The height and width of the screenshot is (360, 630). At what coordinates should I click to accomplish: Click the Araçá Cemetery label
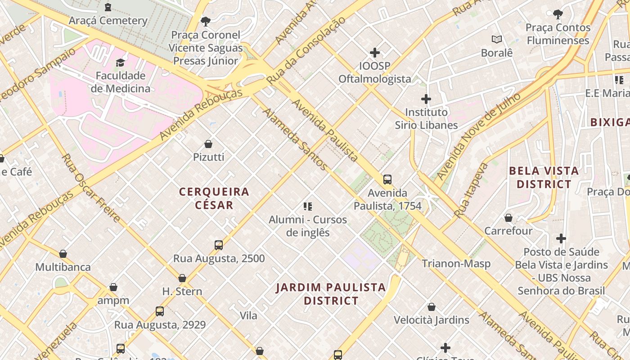(108, 21)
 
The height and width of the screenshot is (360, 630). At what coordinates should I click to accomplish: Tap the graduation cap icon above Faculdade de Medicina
(120, 63)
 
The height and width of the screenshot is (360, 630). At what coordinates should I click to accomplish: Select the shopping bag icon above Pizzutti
(208, 144)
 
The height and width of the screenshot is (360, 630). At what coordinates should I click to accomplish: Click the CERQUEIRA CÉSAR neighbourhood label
(214, 198)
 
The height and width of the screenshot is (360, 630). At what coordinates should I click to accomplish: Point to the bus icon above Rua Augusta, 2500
(219, 245)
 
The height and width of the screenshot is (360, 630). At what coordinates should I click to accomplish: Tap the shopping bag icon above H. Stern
(182, 278)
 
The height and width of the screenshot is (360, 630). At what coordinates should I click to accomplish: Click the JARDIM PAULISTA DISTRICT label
(331, 294)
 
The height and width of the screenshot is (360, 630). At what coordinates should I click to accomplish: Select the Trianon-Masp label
(456, 264)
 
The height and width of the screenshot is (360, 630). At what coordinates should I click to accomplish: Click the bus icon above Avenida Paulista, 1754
(387, 180)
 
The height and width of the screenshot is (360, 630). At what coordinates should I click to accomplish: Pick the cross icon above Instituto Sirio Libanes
(426, 99)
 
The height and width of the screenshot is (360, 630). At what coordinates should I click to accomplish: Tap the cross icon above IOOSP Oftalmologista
(374, 53)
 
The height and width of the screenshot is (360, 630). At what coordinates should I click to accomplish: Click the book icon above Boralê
(497, 40)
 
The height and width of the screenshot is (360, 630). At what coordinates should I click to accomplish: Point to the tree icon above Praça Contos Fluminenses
(558, 14)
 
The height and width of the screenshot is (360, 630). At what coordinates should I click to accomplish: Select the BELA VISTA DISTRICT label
(544, 177)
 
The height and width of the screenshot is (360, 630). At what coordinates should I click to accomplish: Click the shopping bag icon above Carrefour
(508, 218)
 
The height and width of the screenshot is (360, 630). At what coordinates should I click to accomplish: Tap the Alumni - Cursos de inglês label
(308, 226)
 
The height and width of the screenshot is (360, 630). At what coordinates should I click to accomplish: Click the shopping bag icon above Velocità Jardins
(432, 307)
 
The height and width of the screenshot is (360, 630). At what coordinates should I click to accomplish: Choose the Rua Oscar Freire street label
(91, 188)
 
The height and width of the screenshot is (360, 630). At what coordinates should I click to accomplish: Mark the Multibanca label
(63, 267)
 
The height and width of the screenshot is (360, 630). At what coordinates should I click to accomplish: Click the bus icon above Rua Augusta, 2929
(160, 311)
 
